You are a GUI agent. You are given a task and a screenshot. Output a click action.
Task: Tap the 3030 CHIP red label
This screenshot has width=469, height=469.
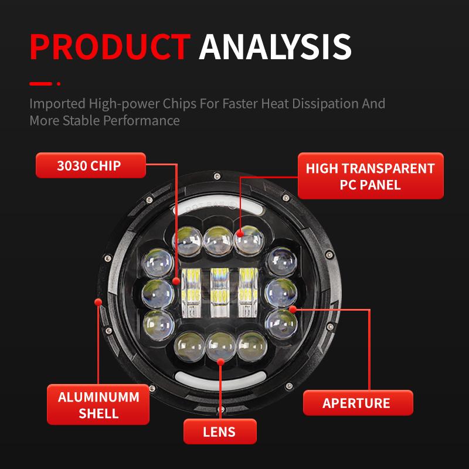tap(89, 165)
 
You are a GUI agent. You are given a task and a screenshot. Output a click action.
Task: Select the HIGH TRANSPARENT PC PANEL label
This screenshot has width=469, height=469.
tap(370, 176)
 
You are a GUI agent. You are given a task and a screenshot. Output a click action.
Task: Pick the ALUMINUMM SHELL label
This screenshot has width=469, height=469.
tap(98, 405)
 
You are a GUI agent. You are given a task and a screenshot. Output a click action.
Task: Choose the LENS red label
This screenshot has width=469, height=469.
tap(219, 433)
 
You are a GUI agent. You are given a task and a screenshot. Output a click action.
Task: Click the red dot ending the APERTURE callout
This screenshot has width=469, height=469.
tap(293, 307)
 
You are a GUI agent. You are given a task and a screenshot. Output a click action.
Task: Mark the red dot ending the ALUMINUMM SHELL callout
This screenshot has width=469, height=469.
tap(98, 303)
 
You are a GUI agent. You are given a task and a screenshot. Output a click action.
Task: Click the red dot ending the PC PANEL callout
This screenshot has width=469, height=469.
tap(240, 234)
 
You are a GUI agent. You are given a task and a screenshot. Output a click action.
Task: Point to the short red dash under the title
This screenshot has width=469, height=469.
tap(41, 84)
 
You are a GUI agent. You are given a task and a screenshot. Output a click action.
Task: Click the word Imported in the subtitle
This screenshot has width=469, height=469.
tap(56, 104)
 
